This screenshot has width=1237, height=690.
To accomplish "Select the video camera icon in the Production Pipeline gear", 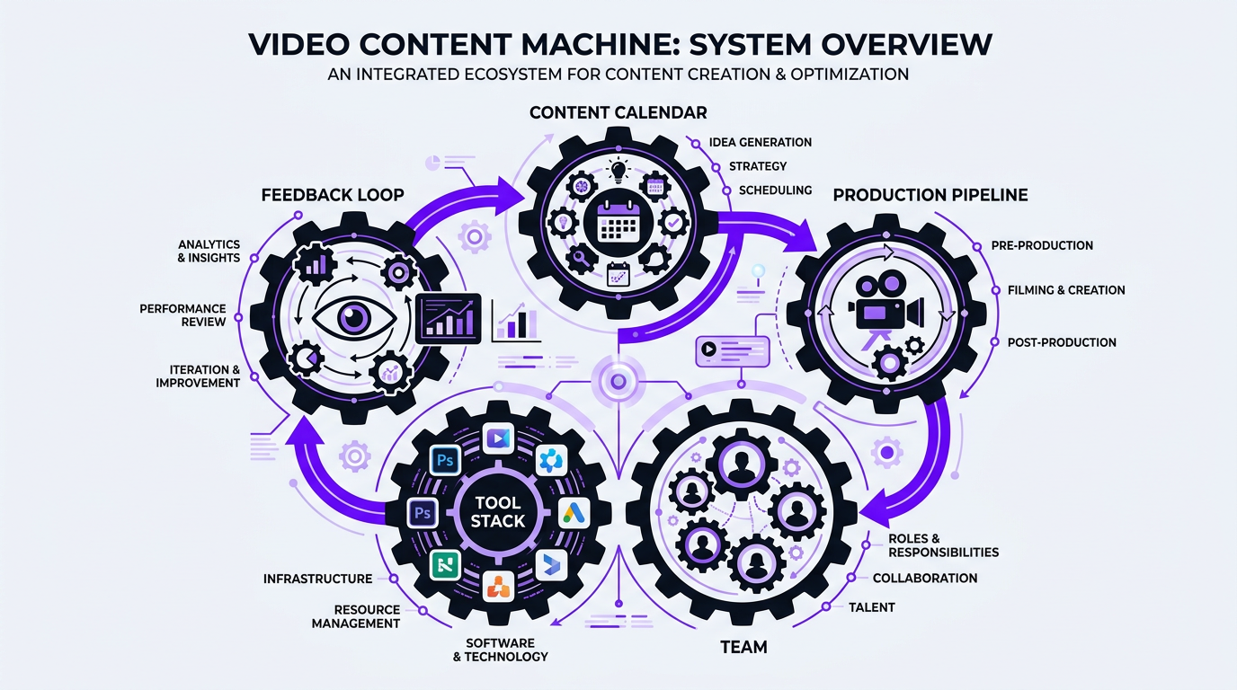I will click(x=885, y=305).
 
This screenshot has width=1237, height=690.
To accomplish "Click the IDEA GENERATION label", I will click(x=760, y=142).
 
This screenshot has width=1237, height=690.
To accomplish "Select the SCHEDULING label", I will click(x=775, y=190).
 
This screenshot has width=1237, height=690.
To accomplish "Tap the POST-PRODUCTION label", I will click(x=1061, y=342).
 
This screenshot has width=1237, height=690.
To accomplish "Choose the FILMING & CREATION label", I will click(x=1066, y=290).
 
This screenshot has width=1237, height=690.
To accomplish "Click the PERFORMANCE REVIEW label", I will click(x=182, y=315).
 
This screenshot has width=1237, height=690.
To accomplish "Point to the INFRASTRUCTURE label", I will click(x=317, y=579).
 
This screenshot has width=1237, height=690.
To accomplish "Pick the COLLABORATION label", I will click(x=924, y=579).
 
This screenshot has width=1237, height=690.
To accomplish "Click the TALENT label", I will click(x=871, y=607).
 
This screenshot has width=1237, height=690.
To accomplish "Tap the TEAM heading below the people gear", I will click(x=743, y=647).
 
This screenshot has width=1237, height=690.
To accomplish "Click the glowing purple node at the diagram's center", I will click(x=618, y=382).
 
